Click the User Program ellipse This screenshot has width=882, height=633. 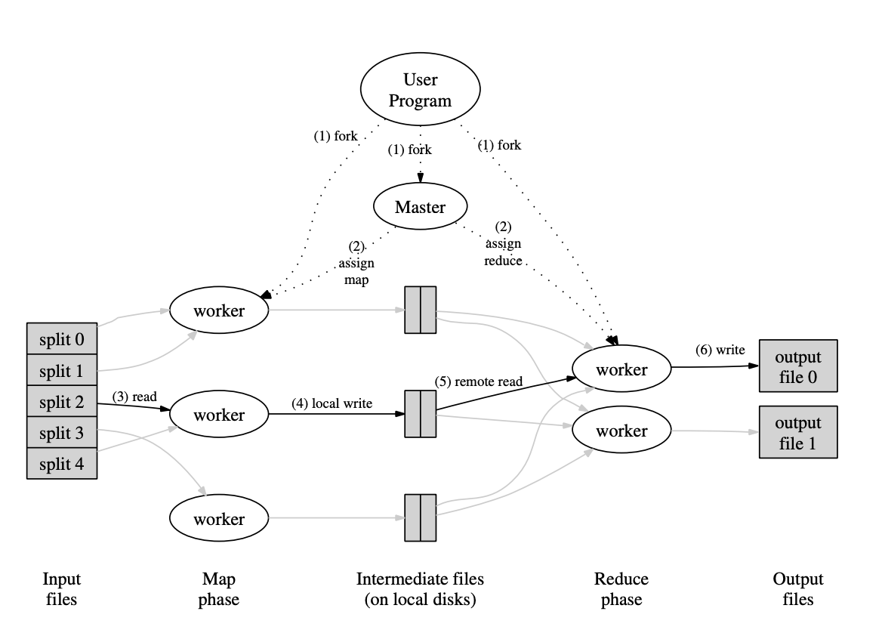420,91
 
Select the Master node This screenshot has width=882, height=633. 420,206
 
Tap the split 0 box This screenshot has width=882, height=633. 62,339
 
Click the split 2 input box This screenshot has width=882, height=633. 62,402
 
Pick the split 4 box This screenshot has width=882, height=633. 62,464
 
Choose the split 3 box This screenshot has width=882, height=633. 62,433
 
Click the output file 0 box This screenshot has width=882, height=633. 797,366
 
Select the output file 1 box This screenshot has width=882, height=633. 797,432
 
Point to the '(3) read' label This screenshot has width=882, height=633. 134,396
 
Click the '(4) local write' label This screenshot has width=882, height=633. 332,403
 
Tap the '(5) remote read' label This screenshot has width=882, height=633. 479,381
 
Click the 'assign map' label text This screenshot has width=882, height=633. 356,264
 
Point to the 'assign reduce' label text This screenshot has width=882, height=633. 503,252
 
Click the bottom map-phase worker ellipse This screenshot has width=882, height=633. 219,519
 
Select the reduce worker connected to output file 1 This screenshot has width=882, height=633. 621,431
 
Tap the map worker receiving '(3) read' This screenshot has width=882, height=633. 219,415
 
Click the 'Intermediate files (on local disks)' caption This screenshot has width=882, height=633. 420,589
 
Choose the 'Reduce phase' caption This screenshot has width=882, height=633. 621,589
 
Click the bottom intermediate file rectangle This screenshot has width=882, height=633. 421,517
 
